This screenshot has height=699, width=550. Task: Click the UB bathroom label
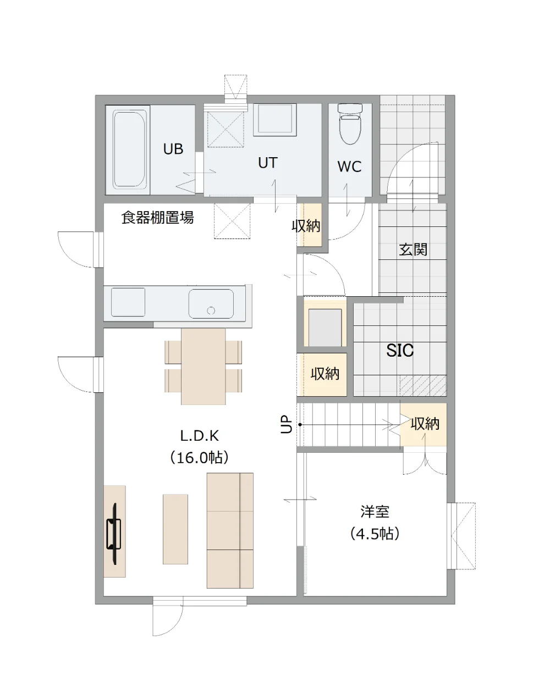click(x=173, y=149)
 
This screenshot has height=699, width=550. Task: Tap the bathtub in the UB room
click(x=129, y=149)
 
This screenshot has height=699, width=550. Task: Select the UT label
click(x=267, y=163)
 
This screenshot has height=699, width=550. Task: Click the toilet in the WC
click(x=350, y=124)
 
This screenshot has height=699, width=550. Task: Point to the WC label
click(x=349, y=167)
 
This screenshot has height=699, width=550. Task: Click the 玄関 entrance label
click(x=413, y=249)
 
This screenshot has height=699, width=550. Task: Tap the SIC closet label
click(x=400, y=350)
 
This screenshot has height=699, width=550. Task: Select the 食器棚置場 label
click(x=157, y=217)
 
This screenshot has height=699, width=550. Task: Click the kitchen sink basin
click(x=211, y=304)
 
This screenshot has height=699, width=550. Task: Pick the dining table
click(x=204, y=367)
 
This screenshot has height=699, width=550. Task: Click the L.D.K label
click(x=200, y=436)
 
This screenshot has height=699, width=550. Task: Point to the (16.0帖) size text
click(x=199, y=457)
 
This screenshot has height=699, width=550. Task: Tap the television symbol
click(x=114, y=534)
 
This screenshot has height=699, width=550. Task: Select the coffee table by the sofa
click(x=175, y=529)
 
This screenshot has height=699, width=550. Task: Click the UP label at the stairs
click(x=287, y=424)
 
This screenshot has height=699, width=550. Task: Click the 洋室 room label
click(x=375, y=512)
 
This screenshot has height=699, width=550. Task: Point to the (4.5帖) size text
click(x=375, y=534)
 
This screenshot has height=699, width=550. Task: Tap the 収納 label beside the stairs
click(x=425, y=424)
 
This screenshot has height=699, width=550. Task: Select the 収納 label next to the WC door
click(x=306, y=226)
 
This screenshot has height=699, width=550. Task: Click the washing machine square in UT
click(x=275, y=120)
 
